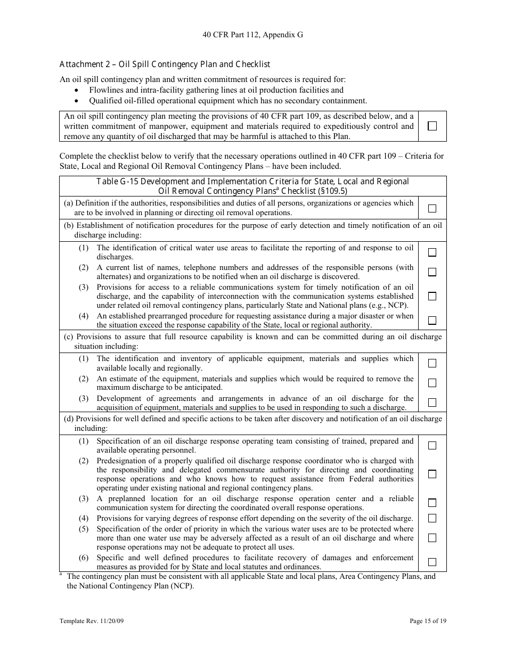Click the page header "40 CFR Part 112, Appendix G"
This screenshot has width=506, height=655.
click(x=252, y=35)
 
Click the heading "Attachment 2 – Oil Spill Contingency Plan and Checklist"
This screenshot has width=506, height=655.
click(x=165, y=64)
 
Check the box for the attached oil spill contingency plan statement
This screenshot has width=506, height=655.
click(x=432, y=126)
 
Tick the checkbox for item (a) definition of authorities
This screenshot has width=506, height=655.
click(x=432, y=208)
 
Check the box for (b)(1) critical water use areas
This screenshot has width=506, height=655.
click(x=432, y=252)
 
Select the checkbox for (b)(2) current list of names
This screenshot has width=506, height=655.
click(x=432, y=272)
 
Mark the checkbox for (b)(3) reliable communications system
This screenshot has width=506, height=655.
click(x=432, y=296)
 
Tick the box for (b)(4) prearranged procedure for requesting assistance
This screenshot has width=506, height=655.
click(x=432, y=321)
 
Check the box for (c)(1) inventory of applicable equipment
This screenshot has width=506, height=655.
click(x=432, y=363)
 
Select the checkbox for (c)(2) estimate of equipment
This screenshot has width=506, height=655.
click(x=432, y=383)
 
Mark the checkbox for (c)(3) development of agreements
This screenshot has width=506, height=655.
click(x=432, y=403)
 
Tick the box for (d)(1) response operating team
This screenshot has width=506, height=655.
click(x=432, y=446)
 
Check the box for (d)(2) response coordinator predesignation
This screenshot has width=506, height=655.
click(x=432, y=474)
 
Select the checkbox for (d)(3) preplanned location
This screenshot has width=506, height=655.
click(x=432, y=503)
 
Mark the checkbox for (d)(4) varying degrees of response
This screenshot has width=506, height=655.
click(x=432, y=518)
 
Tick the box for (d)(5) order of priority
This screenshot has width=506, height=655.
click(x=432, y=538)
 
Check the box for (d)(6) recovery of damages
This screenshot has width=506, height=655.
click(x=432, y=562)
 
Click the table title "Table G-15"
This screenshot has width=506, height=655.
click(x=252, y=182)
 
